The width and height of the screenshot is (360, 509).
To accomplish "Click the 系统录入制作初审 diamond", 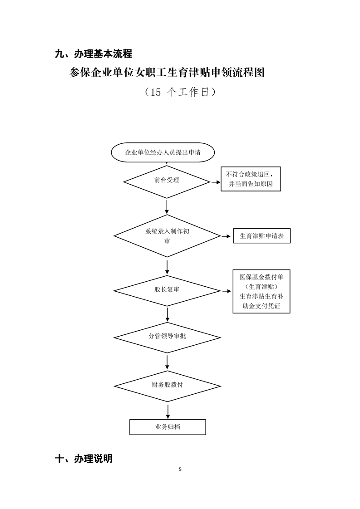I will tap(168, 236).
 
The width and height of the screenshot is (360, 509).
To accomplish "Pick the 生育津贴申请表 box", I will tap(261, 236).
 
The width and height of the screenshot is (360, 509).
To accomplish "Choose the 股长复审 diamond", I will tap(167, 289).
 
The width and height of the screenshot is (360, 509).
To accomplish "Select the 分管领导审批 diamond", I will tap(167, 337).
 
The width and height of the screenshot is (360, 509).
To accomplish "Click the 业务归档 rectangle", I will tap(168, 427).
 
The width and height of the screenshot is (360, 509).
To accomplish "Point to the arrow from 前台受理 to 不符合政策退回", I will tap(215, 182).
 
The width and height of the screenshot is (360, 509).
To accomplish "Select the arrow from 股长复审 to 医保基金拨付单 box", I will tap(226, 290).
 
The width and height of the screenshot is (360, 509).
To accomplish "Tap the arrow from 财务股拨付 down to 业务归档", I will tap(168, 410).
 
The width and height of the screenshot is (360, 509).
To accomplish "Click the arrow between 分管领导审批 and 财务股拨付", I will tap(168, 361).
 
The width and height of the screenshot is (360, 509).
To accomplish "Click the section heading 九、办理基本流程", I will tap(93, 54).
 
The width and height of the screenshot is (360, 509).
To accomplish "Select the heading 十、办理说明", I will tap(84, 458).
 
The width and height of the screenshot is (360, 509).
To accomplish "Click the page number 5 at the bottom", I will tap(180, 469).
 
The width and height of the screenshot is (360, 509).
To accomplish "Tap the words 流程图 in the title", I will tap(250, 73).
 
